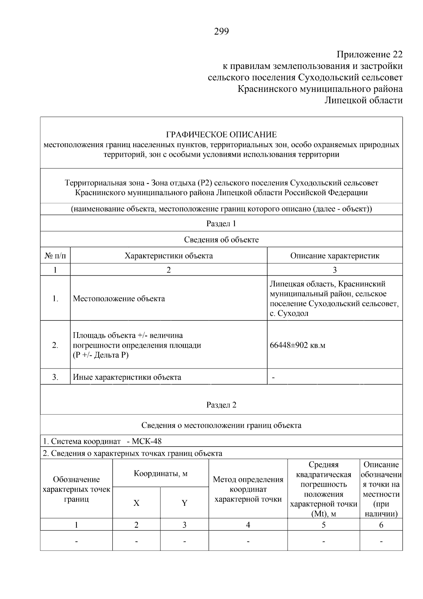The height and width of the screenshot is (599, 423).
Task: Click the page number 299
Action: [x=221, y=32]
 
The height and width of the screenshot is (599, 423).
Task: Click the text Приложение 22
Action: [x=369, y=55]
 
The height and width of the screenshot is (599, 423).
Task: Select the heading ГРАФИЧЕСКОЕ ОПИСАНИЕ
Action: [x=221, y=134]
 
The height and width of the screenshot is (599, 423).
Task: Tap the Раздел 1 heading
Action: [x=221, y=223]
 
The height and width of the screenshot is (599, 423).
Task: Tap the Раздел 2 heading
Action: [x=221, y=405]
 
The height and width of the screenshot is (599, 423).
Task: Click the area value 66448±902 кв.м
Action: [x=297, y=345]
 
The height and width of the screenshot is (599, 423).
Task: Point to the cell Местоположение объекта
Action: [x=119, y=299]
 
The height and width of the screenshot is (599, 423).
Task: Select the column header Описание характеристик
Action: [x=335, y=256]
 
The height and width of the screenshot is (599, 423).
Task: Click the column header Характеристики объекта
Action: [x=168, y=256]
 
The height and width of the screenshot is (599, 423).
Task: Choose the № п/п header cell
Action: [x=55, y=256]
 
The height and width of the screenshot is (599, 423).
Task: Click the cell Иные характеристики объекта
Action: [x=127, y=377]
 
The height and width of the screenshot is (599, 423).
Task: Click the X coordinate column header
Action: [x=136, y=503]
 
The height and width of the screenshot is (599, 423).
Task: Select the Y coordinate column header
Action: [x=184, y=503]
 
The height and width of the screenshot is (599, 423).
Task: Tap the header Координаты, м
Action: [x=160, y=473]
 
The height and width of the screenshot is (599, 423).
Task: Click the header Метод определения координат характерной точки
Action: [x=248, y=489]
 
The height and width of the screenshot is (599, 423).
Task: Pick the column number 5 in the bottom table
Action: [x=323, y=525]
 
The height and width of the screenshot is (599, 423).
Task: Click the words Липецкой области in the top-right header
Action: [x=363, y=101]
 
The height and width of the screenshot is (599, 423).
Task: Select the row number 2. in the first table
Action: [x=55, y=345]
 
